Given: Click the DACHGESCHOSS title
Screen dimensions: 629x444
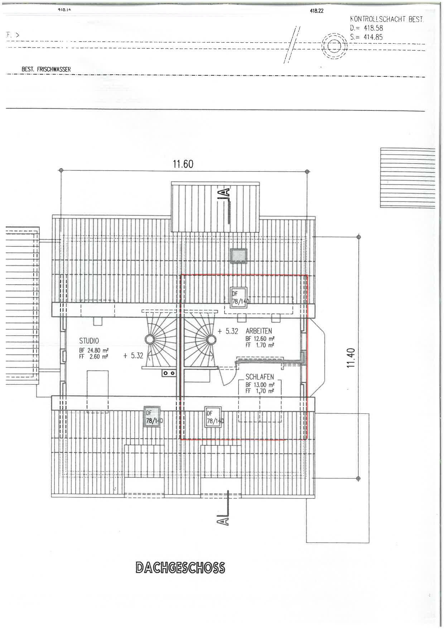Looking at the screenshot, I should (180, 568).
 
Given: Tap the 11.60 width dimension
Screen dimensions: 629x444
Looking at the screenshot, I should (183, 164).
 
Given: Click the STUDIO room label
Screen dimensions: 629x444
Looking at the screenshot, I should (89, 341).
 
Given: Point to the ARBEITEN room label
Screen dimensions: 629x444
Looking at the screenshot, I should (259, 331).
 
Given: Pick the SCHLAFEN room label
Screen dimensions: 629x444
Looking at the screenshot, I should (260, 377).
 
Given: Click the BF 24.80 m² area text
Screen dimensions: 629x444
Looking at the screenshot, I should (94, 350).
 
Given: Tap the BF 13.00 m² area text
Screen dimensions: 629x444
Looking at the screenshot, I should (260, 385).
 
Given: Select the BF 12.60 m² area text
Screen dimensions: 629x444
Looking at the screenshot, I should (260, 339).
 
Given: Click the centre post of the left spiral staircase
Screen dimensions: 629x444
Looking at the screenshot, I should (149, 339).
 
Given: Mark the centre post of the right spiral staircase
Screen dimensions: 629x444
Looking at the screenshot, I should (211, 339).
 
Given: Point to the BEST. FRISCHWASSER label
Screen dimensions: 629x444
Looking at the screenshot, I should (46, 69).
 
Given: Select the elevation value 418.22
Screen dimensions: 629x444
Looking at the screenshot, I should (317, 11).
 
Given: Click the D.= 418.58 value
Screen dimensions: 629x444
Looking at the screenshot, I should (367, 28).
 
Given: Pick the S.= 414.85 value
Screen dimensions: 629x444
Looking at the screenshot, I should (367, 37).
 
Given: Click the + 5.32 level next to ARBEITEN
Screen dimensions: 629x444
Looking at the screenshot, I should (228, 331).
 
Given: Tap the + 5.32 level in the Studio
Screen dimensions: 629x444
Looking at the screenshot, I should (133, 356).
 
